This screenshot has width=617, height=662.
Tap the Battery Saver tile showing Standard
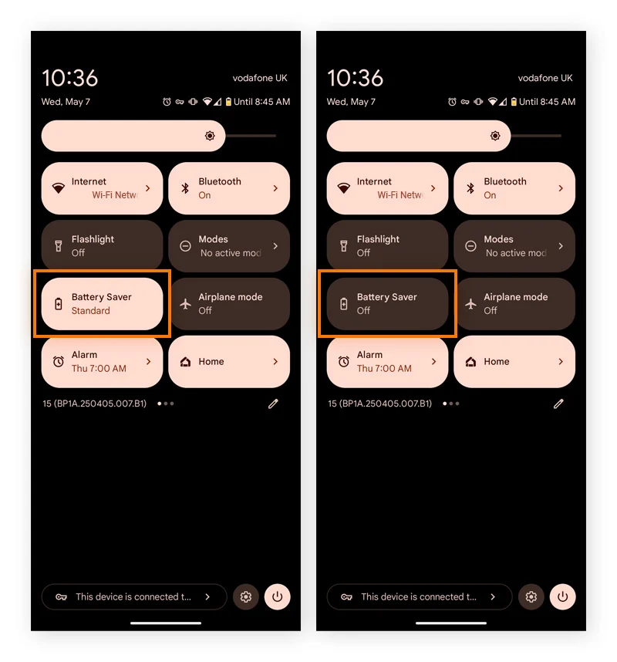click(102, 303)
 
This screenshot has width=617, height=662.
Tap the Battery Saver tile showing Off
click(387, 303)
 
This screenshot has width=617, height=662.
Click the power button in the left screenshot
click(278, 596)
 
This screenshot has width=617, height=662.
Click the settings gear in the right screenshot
click(531, 596)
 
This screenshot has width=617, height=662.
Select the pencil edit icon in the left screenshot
click(273, 404)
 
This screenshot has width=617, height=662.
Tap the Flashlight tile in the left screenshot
click(102, 245)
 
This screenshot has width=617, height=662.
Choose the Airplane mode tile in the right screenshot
click(514, 303)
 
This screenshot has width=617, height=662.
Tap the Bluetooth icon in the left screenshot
click(185, 188)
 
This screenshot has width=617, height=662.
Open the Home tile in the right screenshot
click(514, 361)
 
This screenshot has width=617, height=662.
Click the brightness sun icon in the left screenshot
click(210, 136)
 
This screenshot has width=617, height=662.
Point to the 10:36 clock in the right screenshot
click(355, 78)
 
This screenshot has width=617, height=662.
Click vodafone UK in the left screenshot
click(260, 78)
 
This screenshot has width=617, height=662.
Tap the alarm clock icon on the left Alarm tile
click(59, 361)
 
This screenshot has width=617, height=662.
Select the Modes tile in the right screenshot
click(514, 245)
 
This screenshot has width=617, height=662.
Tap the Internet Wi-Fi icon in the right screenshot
click(343, 188)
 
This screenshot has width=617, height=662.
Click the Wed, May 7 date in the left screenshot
click(66, 102)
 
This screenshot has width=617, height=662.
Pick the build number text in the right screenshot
click(379, 404)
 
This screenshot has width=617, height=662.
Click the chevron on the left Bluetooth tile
click(275, 188)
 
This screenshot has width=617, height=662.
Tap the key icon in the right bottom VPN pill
click(346, 597)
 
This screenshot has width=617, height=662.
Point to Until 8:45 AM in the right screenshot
click(547, 102)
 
